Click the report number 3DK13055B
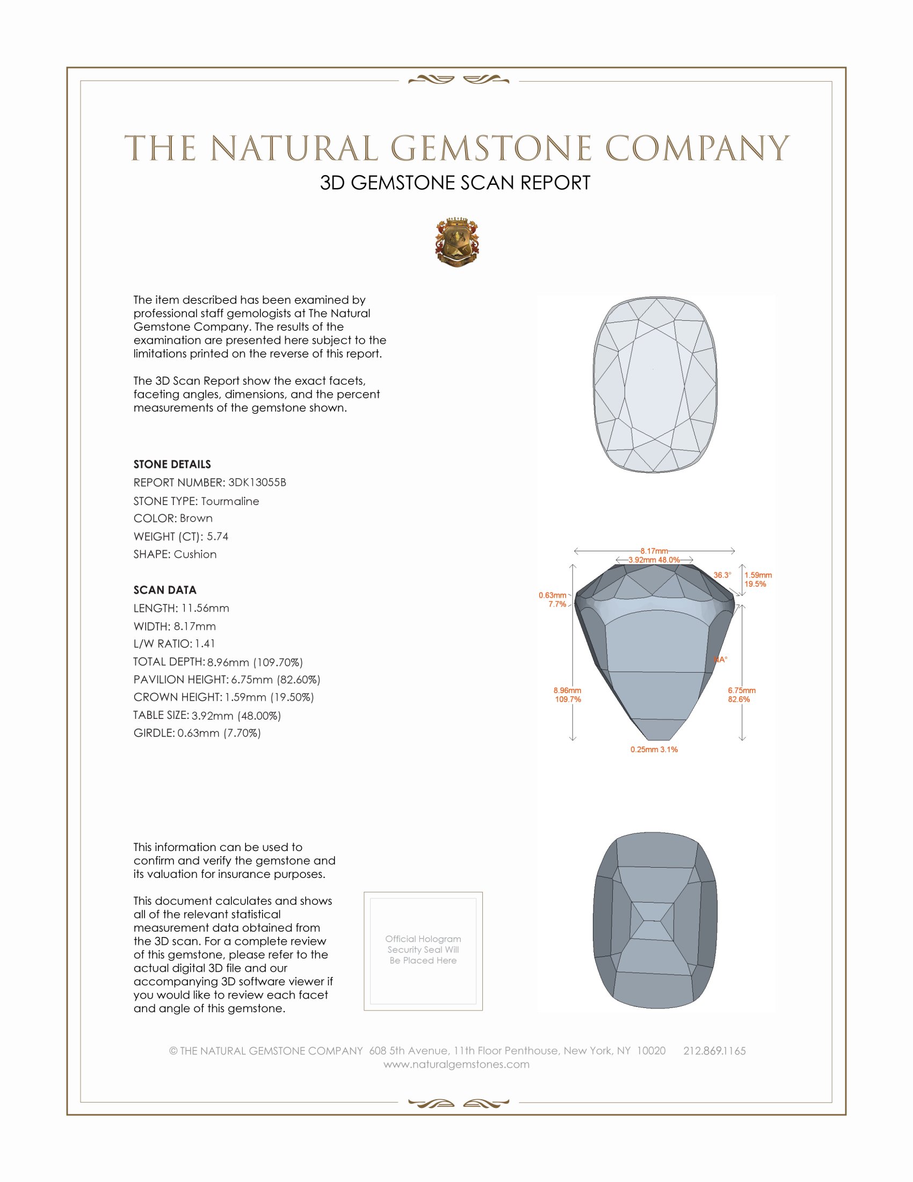257,482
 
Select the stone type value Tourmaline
230,501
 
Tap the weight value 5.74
218,536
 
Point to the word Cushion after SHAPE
195,554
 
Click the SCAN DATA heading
165,590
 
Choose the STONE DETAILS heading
172,464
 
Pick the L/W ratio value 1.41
205,644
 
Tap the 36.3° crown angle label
722,575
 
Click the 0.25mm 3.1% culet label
654,749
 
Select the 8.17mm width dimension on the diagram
654,551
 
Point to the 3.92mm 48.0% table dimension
654,560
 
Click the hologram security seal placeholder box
423,951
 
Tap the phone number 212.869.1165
714,1051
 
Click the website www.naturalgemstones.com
457,1064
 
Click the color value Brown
197,518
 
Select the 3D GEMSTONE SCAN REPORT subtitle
455,183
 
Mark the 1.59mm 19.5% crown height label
758,579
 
